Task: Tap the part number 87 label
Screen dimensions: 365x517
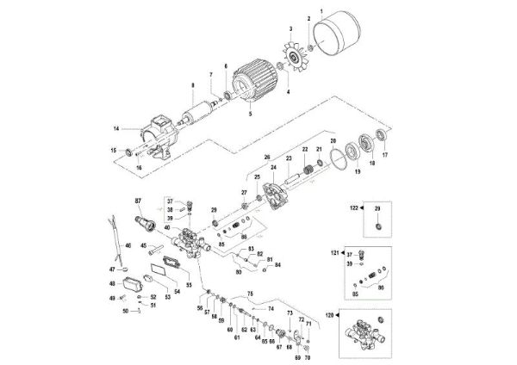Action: coord(137,201)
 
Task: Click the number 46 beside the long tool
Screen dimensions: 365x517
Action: coord(127,246)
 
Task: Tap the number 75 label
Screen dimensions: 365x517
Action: coord(251,294)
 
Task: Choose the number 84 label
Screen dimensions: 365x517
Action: coord(277,266)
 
